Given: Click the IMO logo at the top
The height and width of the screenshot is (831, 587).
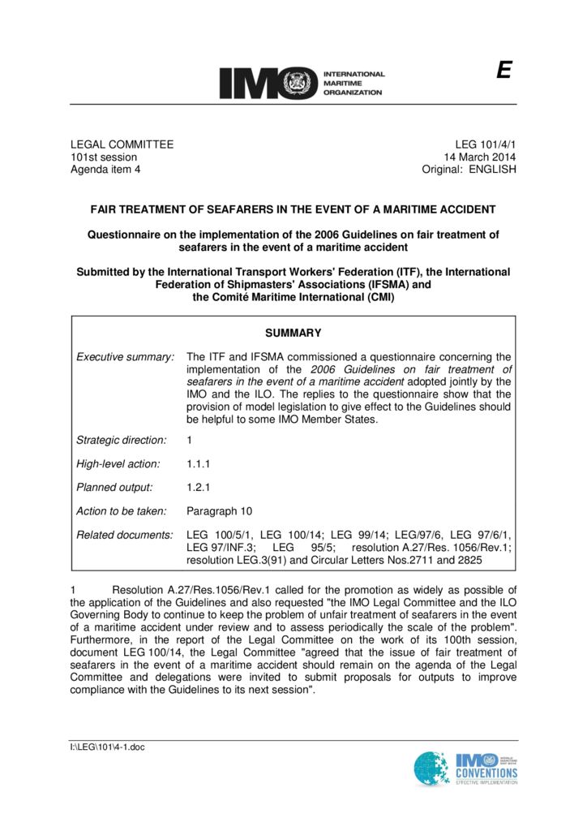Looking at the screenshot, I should [x=301, y=83].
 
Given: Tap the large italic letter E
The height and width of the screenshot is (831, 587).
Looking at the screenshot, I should [x=503, y=71].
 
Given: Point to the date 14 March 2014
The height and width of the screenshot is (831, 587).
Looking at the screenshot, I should [x=479, y=157].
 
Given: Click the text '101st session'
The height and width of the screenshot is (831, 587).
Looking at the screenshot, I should [x=104, y=157].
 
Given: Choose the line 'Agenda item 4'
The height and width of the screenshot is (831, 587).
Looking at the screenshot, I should [x=105, y=170].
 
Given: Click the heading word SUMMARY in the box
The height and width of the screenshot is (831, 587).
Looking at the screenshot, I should [x=293, y=333].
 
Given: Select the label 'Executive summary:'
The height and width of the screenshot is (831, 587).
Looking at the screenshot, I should [x=126, y=356].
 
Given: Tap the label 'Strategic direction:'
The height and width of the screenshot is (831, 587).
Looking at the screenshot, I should [x=122, y=440].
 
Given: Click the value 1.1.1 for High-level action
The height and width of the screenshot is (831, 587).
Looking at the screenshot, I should [x=199, y=464].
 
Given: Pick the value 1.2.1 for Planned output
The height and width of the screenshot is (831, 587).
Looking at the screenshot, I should [x=199, y=488].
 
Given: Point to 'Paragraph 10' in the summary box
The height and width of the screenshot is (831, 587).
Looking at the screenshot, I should [x=219, y=511].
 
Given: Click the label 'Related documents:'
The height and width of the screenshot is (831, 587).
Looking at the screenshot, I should [x=125, y=536].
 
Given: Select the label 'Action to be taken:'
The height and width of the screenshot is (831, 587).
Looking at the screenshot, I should [x=122, y=511].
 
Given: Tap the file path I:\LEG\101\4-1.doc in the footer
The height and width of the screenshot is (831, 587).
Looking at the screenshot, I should [x=107, y=747].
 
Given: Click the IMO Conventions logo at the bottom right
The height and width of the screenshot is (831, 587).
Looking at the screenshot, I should [x=465, y=769].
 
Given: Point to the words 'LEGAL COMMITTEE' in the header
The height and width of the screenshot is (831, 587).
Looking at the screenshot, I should [x=122, y=144].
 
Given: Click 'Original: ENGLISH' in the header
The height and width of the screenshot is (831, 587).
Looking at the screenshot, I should [x=469, y=170].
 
